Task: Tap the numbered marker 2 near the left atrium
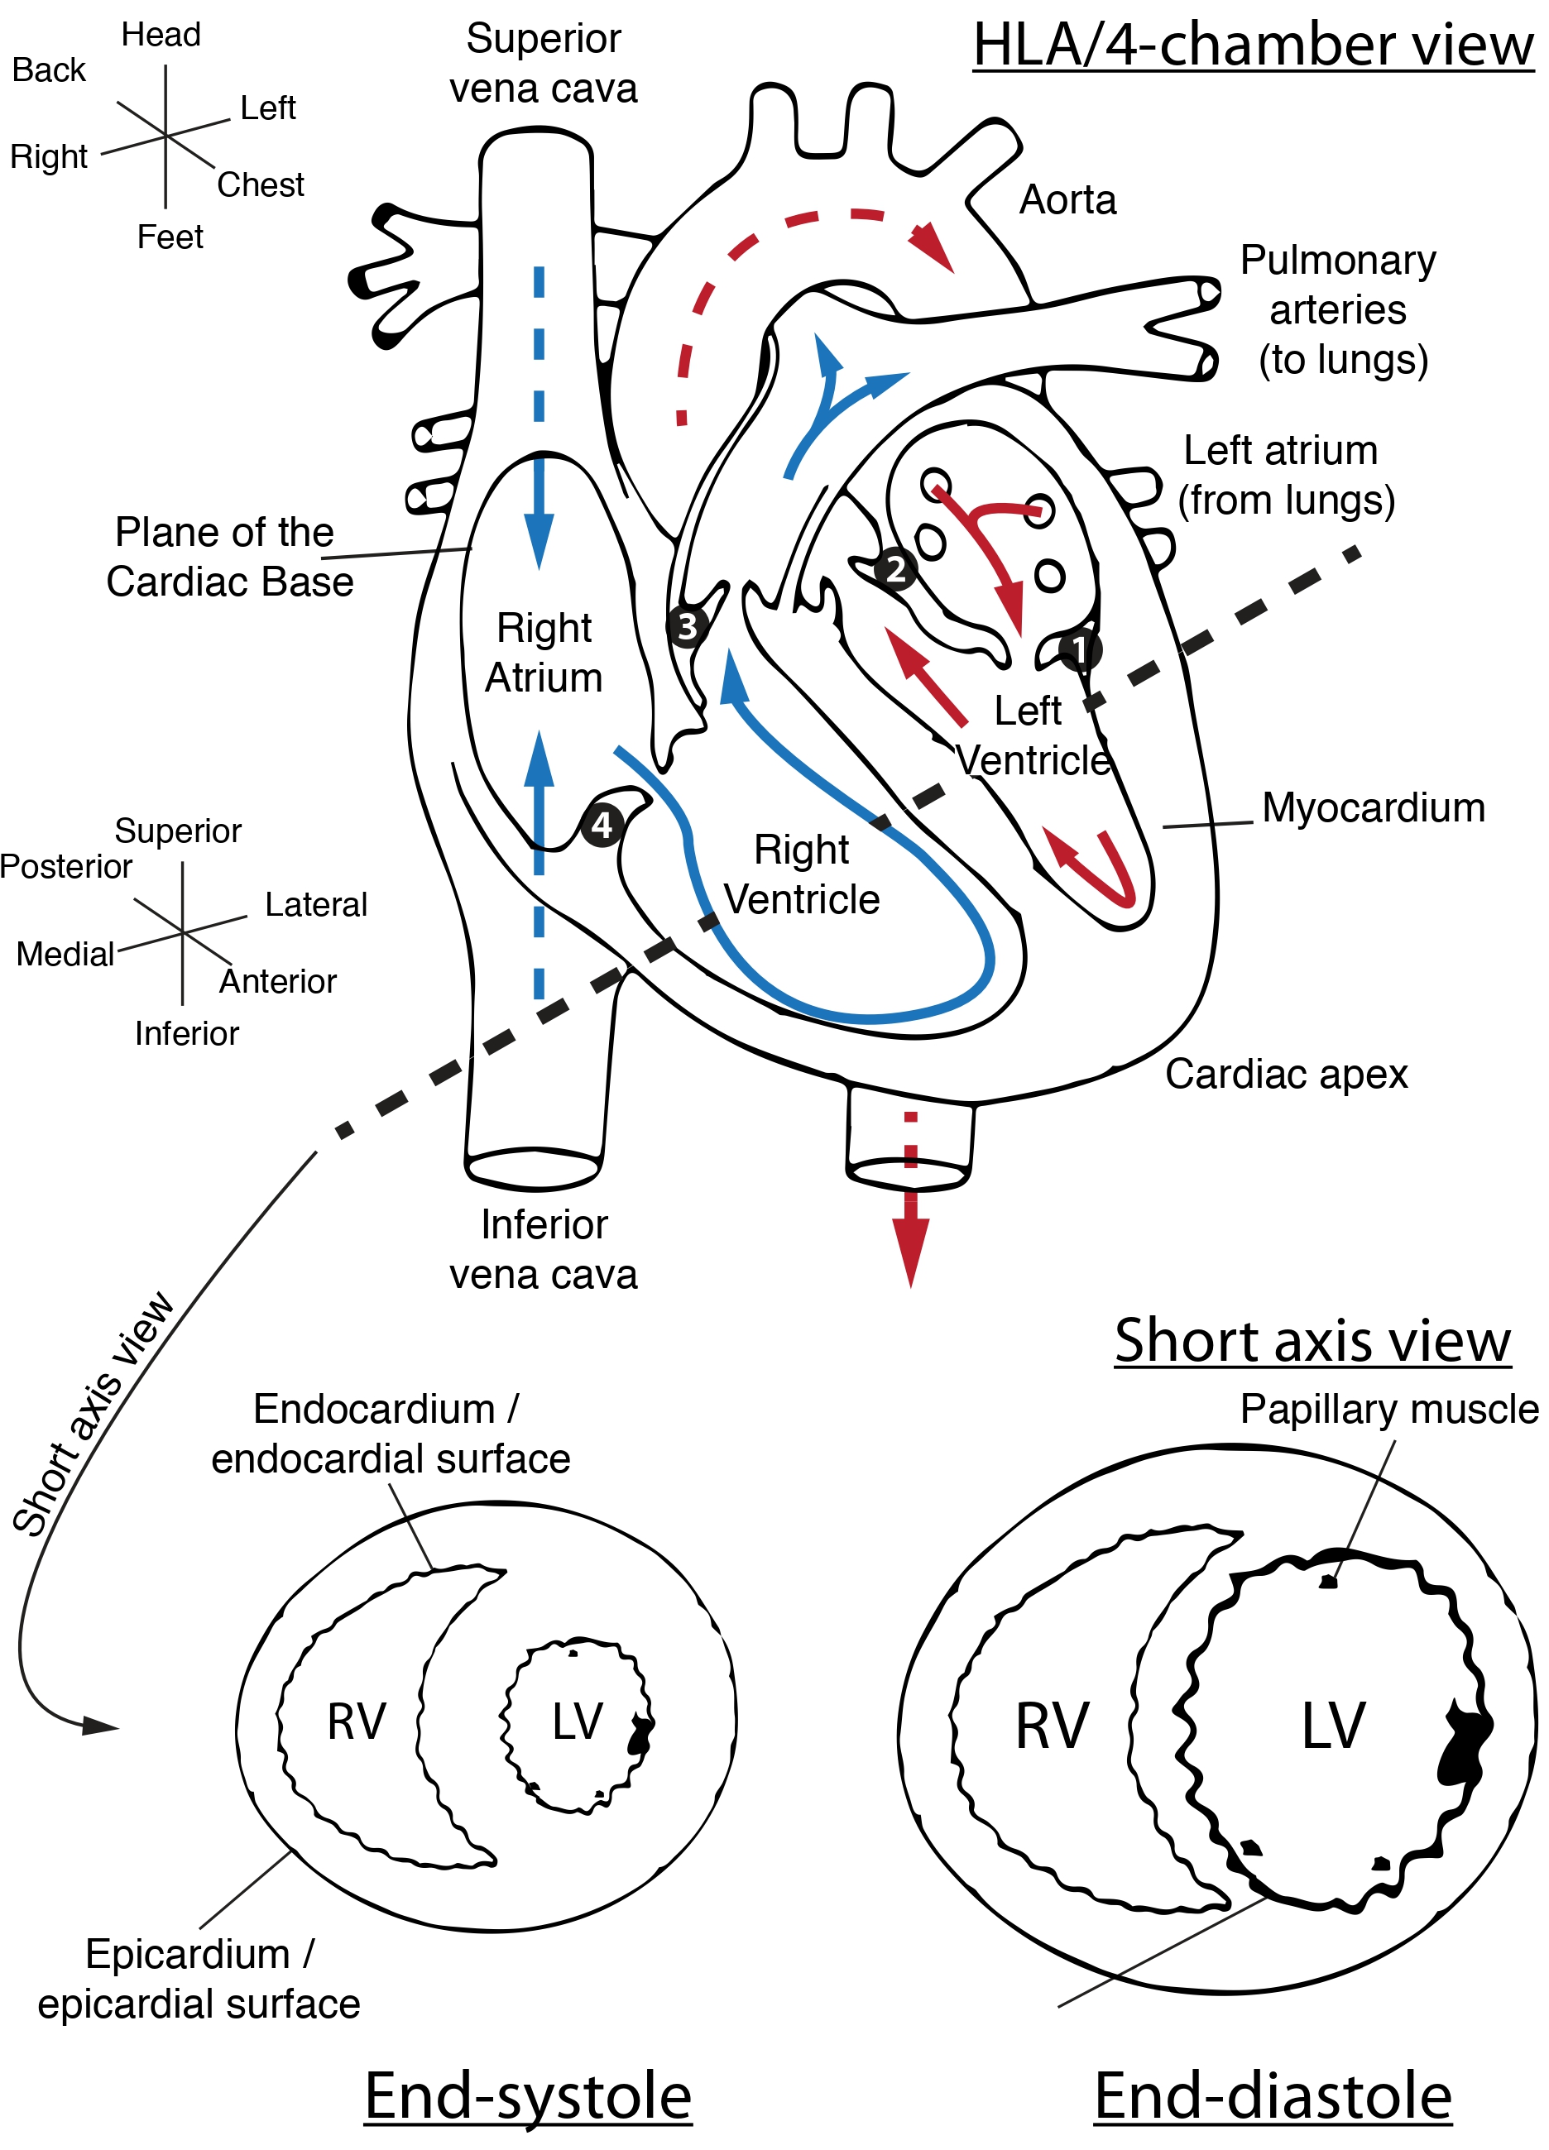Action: [894, 570]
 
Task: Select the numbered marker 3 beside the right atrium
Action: [688, 626]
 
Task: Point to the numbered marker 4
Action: [602, 825]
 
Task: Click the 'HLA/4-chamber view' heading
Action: [1254, 45]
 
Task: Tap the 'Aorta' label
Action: [1067, 200]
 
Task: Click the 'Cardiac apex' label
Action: [1286, 1074]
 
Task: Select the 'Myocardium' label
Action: [1373, 807]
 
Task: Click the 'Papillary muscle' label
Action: [1388, 1409]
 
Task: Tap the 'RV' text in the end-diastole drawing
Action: [1052, 1726]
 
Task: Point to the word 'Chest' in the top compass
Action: [261, 184]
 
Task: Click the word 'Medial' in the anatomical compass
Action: [65, 954]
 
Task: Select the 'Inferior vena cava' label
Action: [543, 1249]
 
